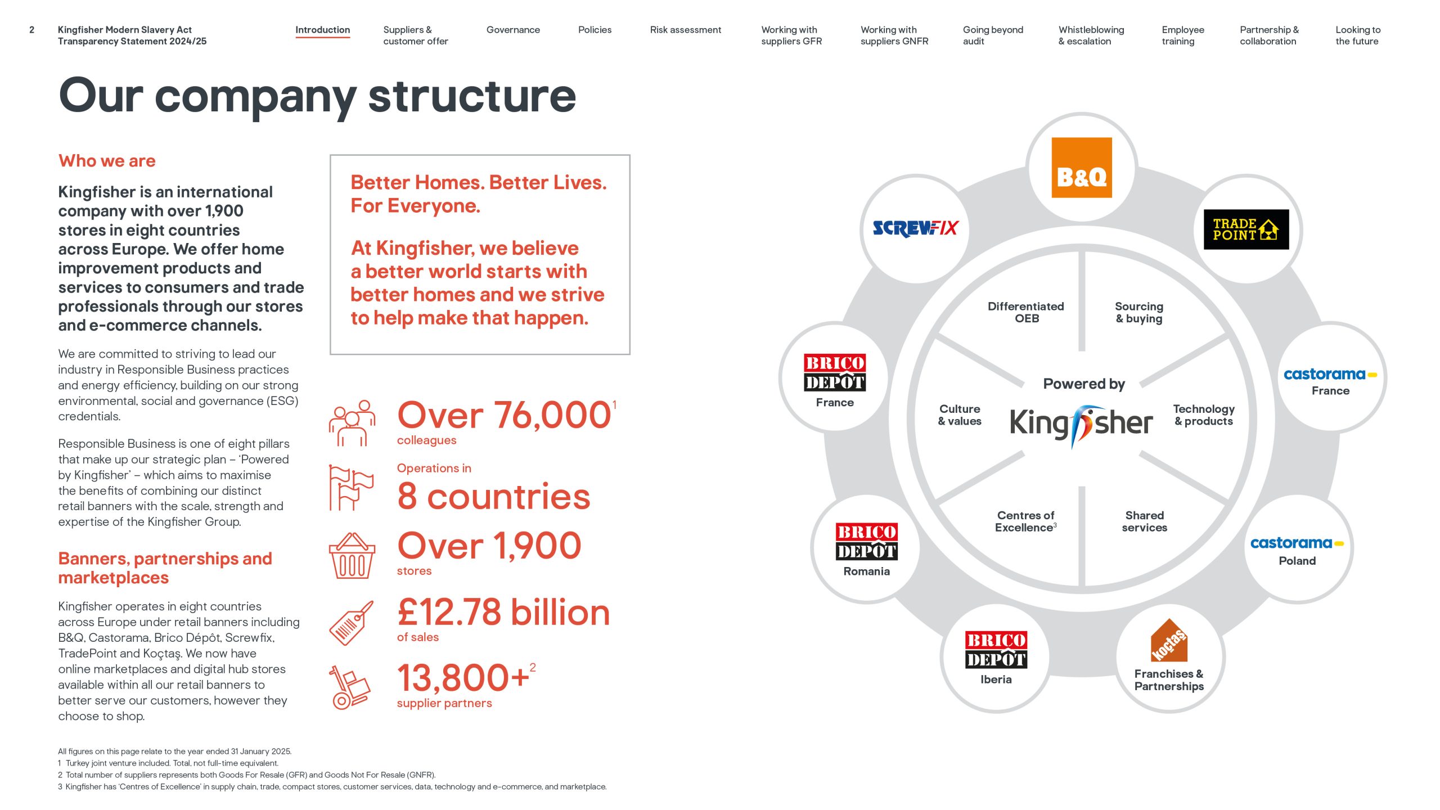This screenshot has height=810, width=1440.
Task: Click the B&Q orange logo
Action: (1081, 168)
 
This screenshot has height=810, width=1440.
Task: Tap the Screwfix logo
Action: (915, 228)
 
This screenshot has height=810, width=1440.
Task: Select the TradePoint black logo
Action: (1245, 229)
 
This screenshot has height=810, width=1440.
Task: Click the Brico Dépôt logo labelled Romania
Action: (866, 542)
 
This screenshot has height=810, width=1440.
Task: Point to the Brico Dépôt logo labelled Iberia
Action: (996, 650)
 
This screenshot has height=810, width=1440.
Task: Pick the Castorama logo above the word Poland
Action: (1297, 543)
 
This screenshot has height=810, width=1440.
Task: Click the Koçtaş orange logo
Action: (1169, 641)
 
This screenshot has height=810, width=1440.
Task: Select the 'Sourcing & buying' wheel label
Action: (1139, 312)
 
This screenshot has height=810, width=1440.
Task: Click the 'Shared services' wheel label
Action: (1144, 521)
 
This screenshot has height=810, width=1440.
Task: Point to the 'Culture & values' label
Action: (960, 415)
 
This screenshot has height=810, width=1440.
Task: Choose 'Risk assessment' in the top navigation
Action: (685, 30)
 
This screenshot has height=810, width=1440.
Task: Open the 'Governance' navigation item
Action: (513, 30)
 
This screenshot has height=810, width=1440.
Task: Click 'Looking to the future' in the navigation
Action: (1357, 35)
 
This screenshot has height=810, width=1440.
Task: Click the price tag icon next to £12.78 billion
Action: (351, 623)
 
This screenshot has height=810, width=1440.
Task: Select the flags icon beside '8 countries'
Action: (351, 488)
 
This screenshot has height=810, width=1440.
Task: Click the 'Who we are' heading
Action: (107, 161)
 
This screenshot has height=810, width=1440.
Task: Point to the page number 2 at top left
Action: (32, 30)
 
